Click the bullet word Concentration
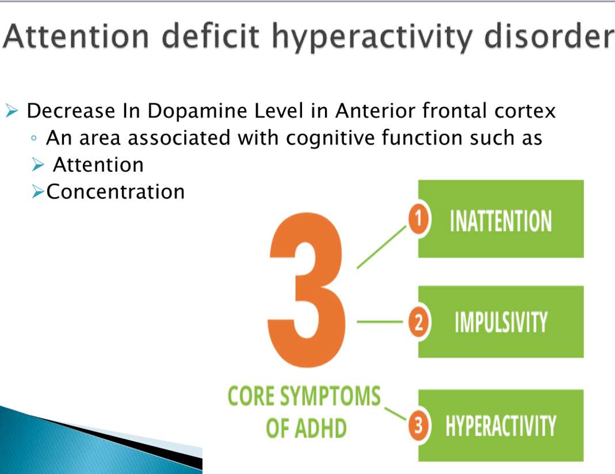point(116,192)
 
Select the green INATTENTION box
point(500,219)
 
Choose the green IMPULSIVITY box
point(500,322)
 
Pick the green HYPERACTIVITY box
point(500,426)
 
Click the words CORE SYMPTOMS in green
point(304,397)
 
